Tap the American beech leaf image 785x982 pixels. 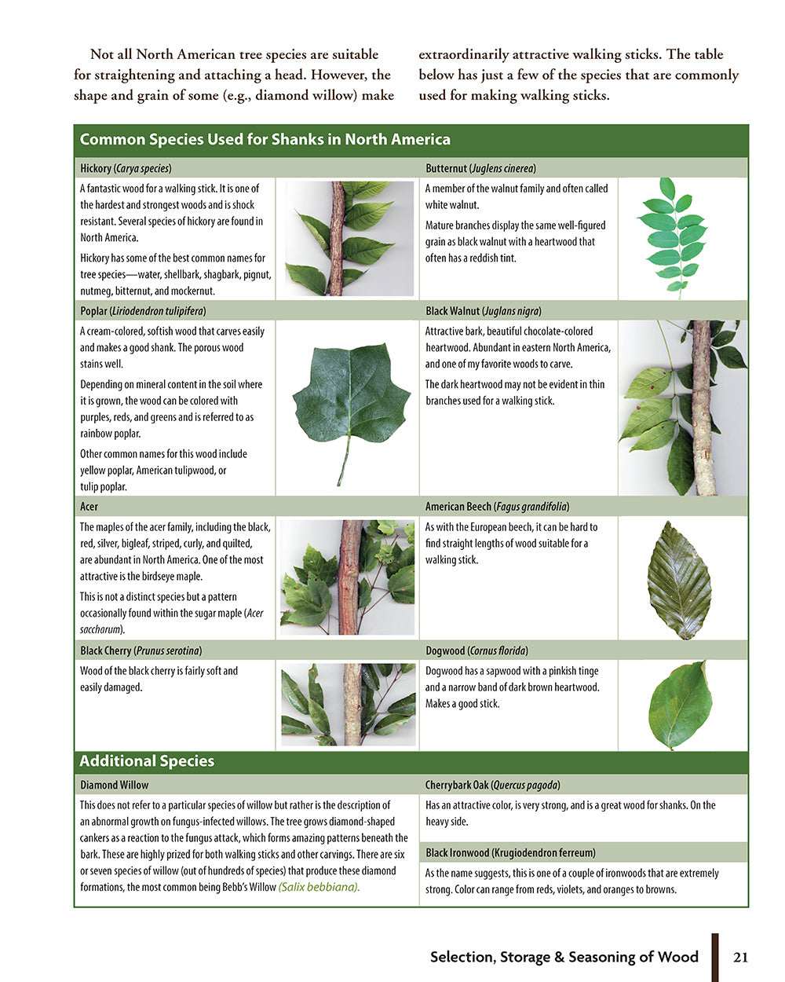click(679, 580)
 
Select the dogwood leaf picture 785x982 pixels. click(680, 705)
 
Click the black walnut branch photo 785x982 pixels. click(683, 407)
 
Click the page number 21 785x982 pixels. click(740, 957)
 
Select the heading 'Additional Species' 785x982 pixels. click(147, 761)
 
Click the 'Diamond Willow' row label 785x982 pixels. click(114, 785)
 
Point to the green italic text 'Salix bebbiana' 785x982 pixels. click(319, 887)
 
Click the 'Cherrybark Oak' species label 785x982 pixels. click(492, 785)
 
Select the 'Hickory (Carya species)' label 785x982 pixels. click(126, 168)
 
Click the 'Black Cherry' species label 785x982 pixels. click(141, 650)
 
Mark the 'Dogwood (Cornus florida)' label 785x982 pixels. click(476, 650)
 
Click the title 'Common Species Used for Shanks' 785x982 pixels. click(265, 140)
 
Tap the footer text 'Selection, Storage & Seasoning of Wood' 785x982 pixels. click(564, 957)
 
